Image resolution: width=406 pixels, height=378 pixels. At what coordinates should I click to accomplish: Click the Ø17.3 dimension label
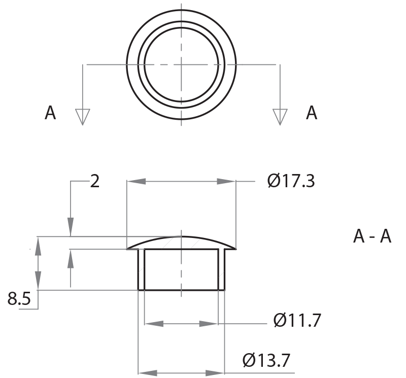291,181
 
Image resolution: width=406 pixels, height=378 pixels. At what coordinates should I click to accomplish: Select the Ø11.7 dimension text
297,321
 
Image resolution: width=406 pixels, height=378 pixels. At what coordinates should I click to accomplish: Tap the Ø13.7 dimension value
266,361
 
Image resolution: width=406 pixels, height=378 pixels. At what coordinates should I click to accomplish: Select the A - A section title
372,236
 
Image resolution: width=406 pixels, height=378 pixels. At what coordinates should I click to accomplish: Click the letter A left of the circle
50,113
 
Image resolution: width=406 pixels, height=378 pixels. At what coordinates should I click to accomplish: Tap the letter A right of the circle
312,113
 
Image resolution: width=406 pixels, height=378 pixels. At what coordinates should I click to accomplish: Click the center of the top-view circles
181,64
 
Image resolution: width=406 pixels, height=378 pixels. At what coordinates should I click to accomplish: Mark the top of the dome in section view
181,236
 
